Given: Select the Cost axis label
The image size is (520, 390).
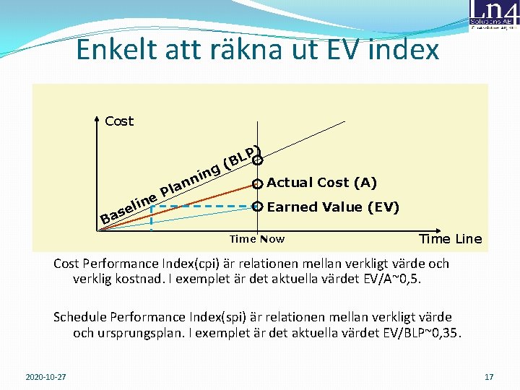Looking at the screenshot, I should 119,121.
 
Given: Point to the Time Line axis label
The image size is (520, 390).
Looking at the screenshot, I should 450,239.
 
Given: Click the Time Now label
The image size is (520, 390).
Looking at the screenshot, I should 256,239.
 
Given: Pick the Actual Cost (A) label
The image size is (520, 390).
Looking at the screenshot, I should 321,183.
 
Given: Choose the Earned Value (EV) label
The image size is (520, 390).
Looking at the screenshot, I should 333,207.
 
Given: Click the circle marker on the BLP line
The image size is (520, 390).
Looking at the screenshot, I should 257,160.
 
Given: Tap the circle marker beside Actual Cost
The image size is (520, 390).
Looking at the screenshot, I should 257,183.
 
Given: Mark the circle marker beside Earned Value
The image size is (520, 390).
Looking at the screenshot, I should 257,207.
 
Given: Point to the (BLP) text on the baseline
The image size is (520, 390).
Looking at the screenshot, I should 241,160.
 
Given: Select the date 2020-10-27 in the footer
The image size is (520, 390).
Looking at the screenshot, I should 45,377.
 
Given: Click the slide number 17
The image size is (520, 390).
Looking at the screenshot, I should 489,377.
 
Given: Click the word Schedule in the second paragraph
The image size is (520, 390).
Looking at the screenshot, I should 80,317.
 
